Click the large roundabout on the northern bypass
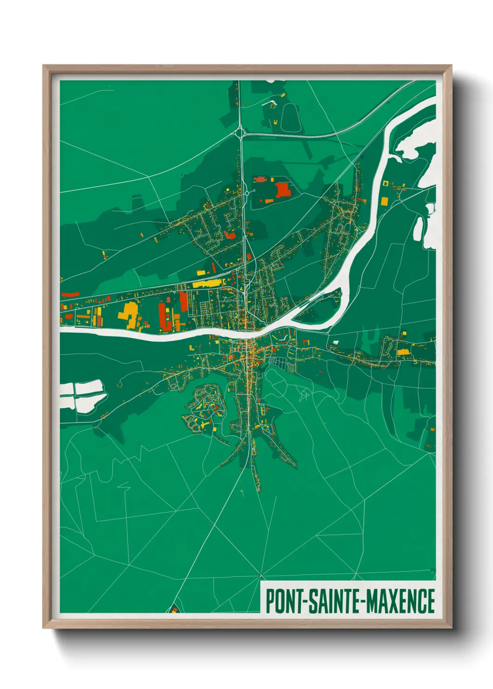(240, 133)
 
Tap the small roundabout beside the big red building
(254, 191)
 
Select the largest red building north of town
(282, 190)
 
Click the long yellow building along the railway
(208, 283)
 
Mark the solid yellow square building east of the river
(384, 201)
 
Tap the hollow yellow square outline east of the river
(385, 183)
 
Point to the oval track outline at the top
(289, 118)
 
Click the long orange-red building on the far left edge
(70, 294)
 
